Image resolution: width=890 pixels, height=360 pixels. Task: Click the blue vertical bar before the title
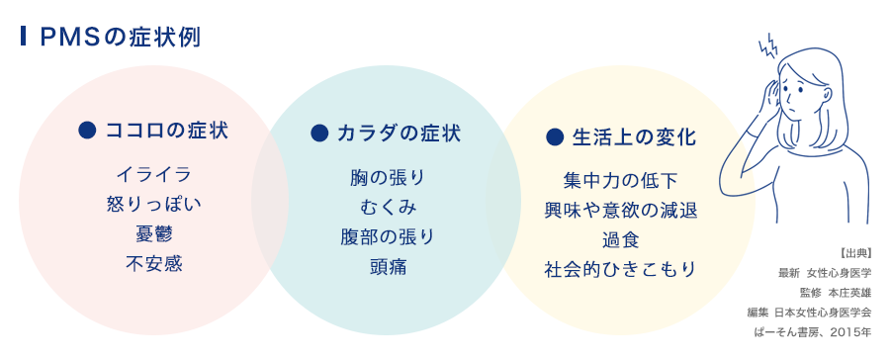(23, 38)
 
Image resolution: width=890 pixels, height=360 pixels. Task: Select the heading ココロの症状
(165, 131)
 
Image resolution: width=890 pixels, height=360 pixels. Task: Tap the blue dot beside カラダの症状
(318, 132)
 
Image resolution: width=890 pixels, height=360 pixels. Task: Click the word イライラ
(153, 175)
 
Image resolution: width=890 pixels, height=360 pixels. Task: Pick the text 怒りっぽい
(153, 205)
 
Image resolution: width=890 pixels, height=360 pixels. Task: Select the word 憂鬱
(153, 234)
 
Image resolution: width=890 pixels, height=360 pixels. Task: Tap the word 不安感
(153, 264)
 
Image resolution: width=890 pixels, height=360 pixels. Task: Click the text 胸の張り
(387, 178)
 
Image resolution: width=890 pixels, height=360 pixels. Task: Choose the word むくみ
(387, 208)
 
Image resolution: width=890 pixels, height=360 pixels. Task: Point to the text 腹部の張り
(387, 237)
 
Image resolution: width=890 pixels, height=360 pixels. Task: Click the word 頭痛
(387, 267)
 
